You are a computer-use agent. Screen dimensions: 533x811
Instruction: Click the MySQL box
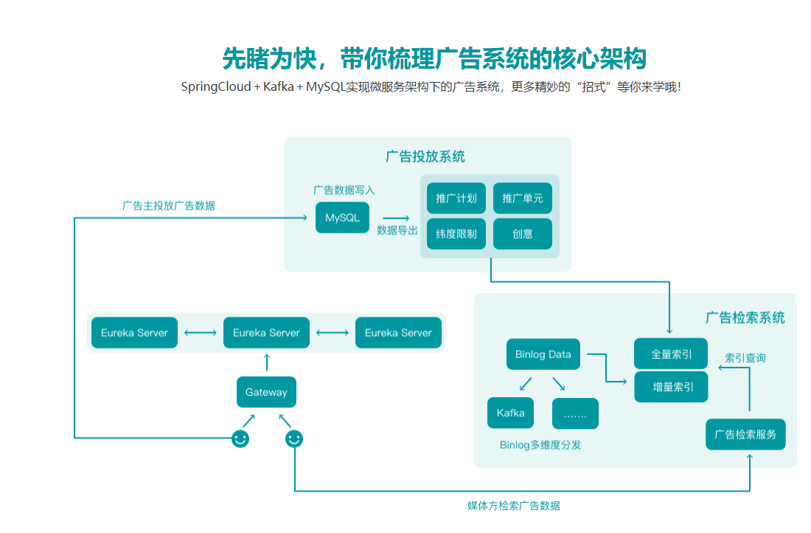coord(342,218)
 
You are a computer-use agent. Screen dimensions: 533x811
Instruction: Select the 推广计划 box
coord(456,199)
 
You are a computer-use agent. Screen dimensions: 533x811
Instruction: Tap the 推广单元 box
coord(522,199)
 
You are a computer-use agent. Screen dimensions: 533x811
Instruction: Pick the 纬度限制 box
coord(456,234)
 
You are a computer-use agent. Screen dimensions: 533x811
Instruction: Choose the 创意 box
coord(522,234)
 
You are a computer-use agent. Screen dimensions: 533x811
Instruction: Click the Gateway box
coord(266,392)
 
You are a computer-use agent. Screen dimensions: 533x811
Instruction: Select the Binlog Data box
coord(543,354)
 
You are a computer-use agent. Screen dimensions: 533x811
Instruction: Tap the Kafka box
coord(510,413)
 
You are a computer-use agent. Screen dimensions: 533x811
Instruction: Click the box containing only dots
coord(575,413)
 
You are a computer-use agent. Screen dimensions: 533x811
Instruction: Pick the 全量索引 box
coord(671,354)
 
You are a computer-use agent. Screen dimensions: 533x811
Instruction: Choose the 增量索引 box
coord(671,387)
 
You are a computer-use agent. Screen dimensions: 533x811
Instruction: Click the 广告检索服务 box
coord(745,434)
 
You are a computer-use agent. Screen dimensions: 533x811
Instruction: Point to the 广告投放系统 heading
coord(425,157)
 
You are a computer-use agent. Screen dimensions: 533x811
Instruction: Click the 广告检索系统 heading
coord(745,317)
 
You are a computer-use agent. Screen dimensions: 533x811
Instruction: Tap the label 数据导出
coord(397,230)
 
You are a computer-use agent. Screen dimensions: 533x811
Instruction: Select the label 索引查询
coord(745,358)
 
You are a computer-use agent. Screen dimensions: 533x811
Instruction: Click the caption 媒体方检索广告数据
coord(514,506)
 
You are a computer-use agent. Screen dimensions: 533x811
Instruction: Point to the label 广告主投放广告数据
coord(169,206)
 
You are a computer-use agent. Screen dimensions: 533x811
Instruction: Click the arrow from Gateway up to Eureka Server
coord(266,362)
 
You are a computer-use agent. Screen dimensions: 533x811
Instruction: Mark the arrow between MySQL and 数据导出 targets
coord(396,218)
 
